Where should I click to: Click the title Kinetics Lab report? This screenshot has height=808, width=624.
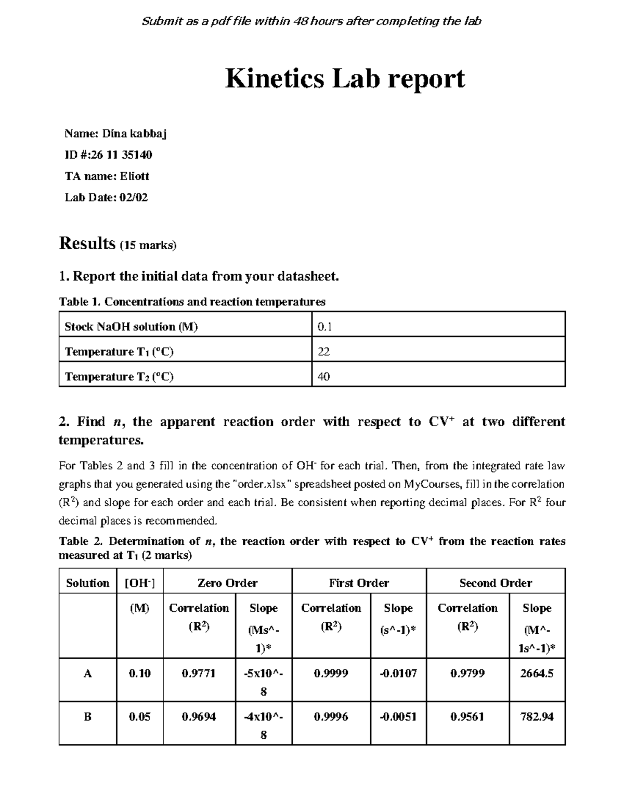pyautogui.click(x=344, y=79)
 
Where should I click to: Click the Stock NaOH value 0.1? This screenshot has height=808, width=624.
pyautogui.click(x=324, y=327)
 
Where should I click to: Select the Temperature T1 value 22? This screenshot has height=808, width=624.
pyautogui.click(x=323, y=352)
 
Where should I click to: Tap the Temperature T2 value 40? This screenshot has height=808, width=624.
pyautogui.click(x=323, y=377)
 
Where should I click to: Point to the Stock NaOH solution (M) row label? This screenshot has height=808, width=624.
pyautogui.click(x=131, y=327)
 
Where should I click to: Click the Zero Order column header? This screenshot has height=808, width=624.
pyautogui.click(x=227, y=583)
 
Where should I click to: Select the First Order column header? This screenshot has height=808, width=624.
pyautogui.click(x=359, y=583)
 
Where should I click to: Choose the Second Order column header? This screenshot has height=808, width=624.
pyautogui.click(x=495, y=583)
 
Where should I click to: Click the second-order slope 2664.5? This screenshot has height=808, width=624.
pyautogui.click(x=537, y=673)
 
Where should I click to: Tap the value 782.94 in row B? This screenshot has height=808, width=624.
pyautogui.click(x=537, y=716)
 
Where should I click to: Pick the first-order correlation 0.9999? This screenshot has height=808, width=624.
pyautogui.click(x=331, y=673)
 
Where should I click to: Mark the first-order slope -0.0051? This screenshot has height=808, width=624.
pyautogui.click(x=398, y=716)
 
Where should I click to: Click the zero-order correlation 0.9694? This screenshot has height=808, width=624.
pyautogui.click(x=199, y=716)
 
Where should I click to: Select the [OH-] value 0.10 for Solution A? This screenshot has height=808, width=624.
pyautogui.click(x=139, y=673)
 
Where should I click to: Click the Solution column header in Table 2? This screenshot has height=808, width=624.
pyautogui.click(x=87, y=583)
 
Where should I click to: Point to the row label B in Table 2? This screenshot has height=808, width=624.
pyautogui.click(x=87, y=716)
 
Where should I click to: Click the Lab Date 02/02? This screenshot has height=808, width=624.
pyautogui.click(x=134, y=198)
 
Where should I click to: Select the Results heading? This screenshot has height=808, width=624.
pyautogui.click(x=87, y=243)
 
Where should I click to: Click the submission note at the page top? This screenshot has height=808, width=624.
pyautogui.click(x=311, y=21)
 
